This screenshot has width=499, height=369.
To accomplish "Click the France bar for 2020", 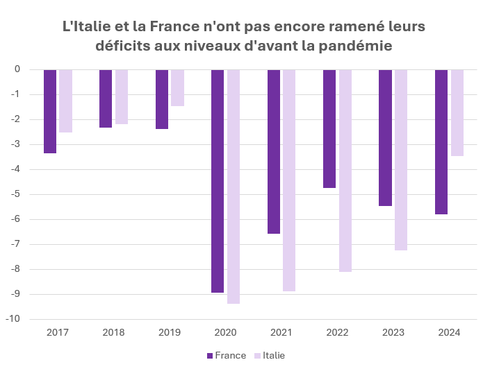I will (218, 181).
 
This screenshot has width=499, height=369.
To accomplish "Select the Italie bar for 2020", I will (234, 187).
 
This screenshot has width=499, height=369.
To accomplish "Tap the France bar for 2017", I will (50, 111).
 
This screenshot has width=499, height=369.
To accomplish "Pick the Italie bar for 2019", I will (177, 87).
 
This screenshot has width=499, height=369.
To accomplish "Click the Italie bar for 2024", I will (457, 112).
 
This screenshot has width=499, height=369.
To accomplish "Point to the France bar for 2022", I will (329, 128).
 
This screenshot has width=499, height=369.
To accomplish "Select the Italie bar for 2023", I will (401, 160).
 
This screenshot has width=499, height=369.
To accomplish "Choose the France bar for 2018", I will (106, 98).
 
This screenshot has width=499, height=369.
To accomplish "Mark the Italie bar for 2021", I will (289, 180).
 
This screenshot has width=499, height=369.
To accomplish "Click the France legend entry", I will (226, 355).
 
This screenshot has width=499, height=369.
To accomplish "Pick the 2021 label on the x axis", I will (281, 332).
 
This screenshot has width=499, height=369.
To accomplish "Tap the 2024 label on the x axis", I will (449, 332).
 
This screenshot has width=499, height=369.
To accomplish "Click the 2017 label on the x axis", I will (58, 332).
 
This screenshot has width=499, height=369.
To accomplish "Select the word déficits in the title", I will (122, 46).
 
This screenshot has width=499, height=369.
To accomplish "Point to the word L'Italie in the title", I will (88, 27).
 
